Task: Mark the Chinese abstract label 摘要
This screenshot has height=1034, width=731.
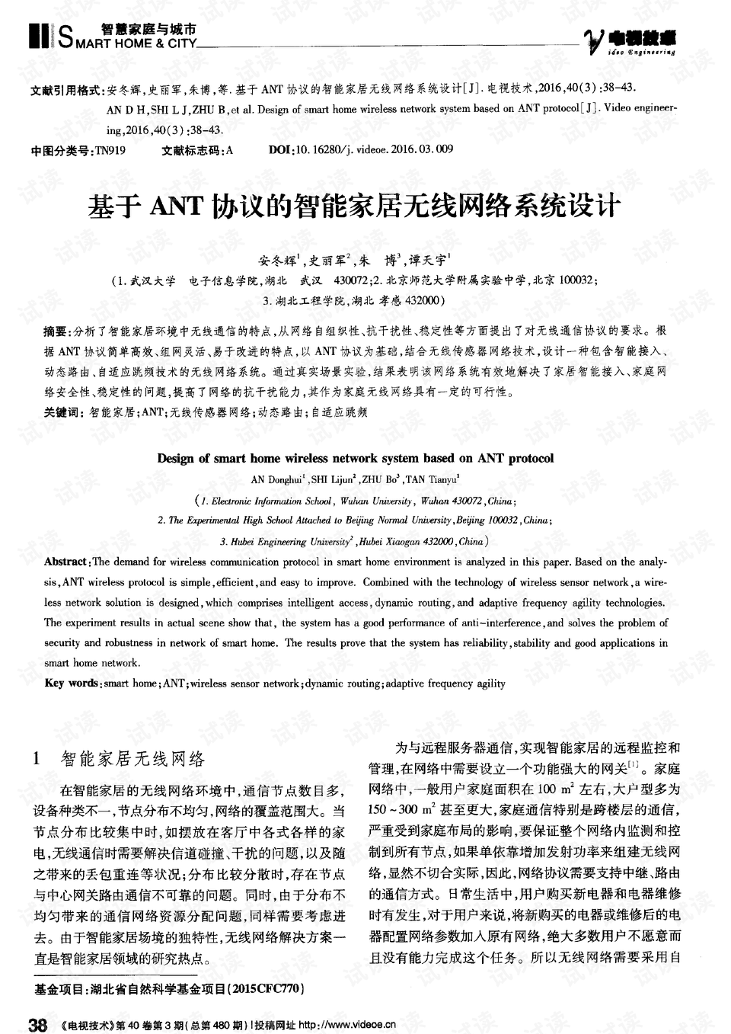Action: pyautogui.click(x=56, y=333)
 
